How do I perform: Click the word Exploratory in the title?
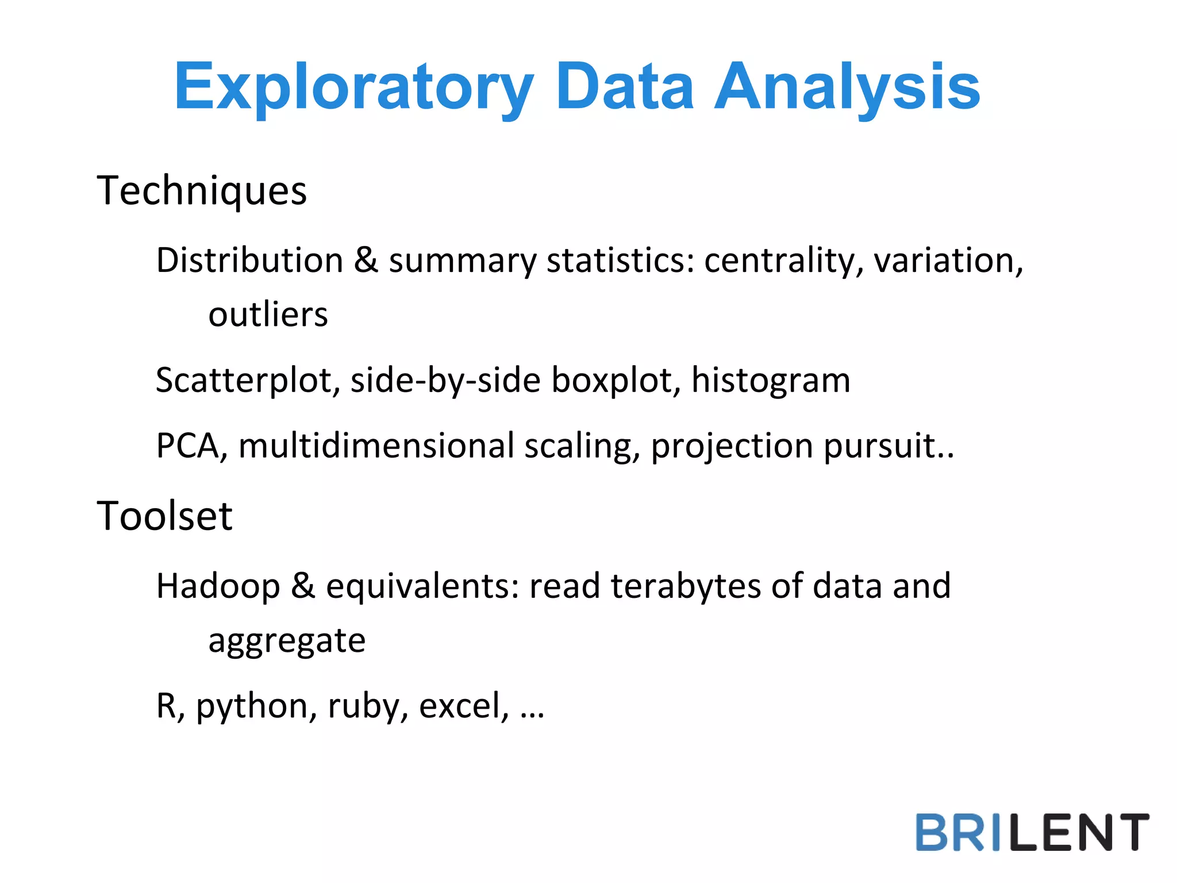coord(354,87)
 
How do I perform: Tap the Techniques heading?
coord(202,191)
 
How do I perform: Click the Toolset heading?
coord(165,516)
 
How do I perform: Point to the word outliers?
coord(268,314)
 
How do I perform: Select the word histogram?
coord(771,380)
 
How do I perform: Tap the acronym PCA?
coord(187,446)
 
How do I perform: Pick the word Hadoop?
coord(218,586)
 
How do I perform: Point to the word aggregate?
coord(287,641)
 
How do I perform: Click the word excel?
coord(463,706)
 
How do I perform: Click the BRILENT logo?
coord(1032,832)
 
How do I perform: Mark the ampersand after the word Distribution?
coord(366,260)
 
